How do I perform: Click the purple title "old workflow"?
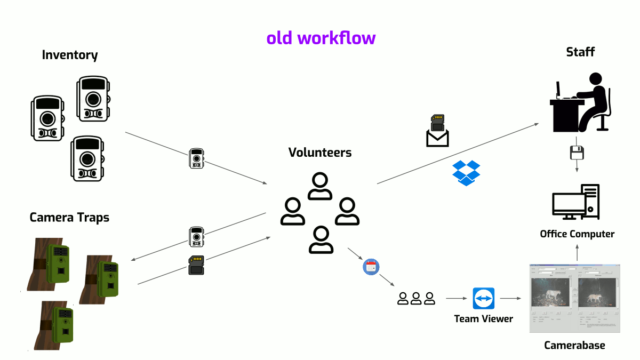321,38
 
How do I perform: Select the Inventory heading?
70,55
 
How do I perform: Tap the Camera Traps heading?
69,218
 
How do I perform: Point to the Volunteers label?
320,153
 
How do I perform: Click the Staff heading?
580,52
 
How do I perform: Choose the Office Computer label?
577,234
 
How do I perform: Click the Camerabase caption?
574,346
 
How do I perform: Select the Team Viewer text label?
483,319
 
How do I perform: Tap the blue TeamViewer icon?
484,299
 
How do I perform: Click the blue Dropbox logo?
466,173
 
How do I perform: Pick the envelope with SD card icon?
437,131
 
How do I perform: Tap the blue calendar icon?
371,266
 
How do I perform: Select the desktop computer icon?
576,202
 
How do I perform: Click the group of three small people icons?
416,299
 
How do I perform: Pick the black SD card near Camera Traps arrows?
196,265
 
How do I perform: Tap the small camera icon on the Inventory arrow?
196,159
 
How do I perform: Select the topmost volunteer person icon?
320,186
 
